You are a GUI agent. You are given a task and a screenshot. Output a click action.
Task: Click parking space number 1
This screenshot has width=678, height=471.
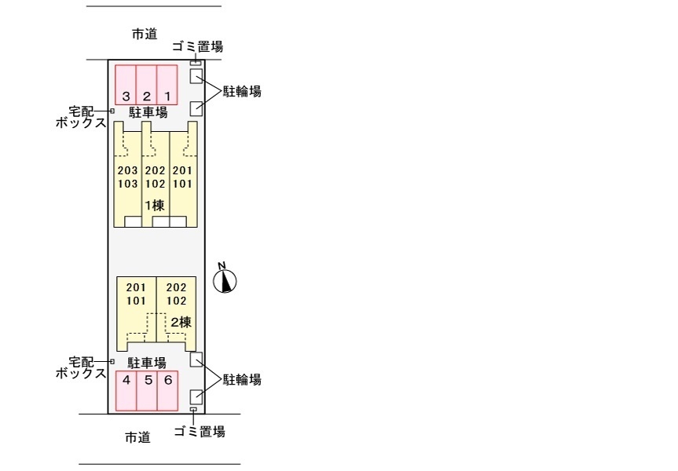point(167,84)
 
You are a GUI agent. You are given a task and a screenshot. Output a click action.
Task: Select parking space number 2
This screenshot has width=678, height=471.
point(147,84)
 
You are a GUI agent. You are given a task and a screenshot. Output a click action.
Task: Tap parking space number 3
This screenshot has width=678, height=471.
point(126,84)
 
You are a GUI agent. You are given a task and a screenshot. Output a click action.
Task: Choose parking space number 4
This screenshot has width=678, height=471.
point(126,391)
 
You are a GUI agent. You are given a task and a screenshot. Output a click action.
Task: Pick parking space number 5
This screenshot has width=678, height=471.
point(147,391)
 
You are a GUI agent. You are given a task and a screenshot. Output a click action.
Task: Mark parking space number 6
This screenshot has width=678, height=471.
point(167,391)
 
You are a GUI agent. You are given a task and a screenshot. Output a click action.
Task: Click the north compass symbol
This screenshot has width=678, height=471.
point(225,279)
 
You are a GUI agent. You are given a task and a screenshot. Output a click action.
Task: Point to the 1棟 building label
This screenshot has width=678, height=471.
point(154,206)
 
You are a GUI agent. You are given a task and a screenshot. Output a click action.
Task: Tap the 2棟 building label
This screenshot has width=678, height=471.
point(181,322)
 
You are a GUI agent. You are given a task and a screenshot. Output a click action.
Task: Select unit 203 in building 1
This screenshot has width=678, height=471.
point(127,170)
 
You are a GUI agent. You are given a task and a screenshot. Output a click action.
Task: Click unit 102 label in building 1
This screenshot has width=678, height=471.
point(155,184)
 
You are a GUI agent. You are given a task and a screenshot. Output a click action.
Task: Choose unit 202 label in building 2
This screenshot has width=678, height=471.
point(177,287)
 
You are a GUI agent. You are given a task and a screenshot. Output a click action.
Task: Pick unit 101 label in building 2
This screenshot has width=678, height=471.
point(136,301)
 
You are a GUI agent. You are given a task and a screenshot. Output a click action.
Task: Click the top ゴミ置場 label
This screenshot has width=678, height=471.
point(197,46)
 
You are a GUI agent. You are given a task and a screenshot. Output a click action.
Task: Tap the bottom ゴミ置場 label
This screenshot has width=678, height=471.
point(200,431)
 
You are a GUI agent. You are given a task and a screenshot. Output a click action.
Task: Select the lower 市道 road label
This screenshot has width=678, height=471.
point(137,437)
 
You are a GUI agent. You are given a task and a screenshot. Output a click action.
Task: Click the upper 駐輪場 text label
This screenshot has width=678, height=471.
point(242,92)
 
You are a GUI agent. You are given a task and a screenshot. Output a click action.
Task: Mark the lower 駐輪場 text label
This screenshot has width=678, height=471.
point(242,380)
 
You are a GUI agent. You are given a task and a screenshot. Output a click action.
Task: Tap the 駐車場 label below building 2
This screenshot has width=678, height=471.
point(147,363)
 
